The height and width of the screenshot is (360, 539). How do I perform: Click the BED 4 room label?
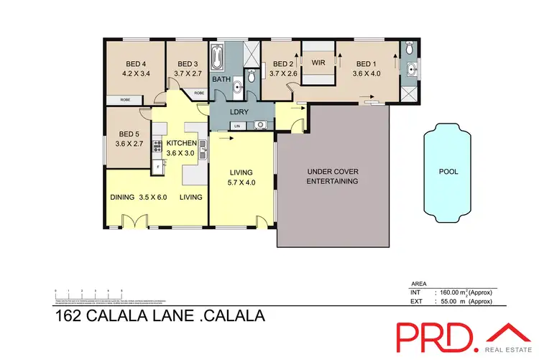click(136, 62)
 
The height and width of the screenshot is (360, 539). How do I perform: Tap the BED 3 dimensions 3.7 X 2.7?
click(188, 73)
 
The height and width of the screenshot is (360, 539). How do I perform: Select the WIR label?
click(318, 63)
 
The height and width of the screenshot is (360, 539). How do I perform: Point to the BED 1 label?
click(367, 62)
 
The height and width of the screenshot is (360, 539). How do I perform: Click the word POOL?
click(448, 172)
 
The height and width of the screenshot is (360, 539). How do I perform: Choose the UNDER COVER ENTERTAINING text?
click(333, 176)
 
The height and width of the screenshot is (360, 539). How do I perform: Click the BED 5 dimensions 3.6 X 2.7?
click(130, 144)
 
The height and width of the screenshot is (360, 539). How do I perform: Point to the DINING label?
click(123, 197)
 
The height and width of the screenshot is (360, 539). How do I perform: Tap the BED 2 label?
click(284, 62)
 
